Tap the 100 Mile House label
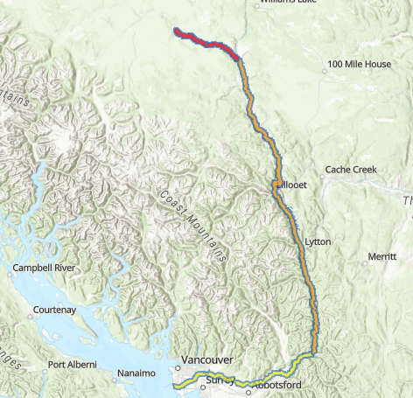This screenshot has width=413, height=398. pyautogui.click(x=359, y=64)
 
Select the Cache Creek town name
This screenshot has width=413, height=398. pyautogui.click(x=350, y=169)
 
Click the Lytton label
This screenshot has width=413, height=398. pyautogui.click(x=319, y=241)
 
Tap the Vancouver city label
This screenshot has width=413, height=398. pyautogui.click(x=206, y=360)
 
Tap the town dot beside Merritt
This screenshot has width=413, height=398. pyautogui.click(x=367, y=261)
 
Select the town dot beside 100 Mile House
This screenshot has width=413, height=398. pyautogui.click(x=322, y=64)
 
